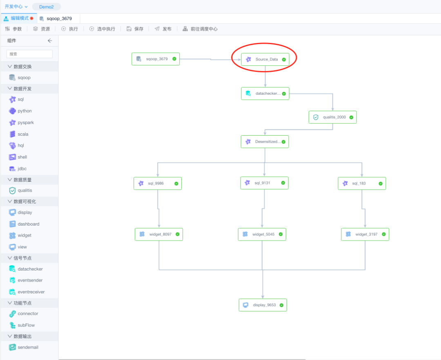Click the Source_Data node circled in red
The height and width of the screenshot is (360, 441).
pos(265,59)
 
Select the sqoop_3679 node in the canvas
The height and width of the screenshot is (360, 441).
pos(156,59)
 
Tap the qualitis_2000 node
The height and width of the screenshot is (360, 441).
pos(332,117)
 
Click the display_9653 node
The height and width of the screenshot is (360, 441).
pos(263,305)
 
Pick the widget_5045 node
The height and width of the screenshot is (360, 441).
pos(262,234)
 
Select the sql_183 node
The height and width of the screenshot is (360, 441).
pos(361,183)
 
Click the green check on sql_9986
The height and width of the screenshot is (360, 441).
pos(176,183)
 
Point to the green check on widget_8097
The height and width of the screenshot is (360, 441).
pos(178,234)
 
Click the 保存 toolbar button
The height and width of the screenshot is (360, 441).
pos(135,29)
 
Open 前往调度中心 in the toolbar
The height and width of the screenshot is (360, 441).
pos(200,29)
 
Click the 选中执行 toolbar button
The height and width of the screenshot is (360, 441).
pos(102,29)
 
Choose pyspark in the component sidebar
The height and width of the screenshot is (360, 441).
pos(25,123)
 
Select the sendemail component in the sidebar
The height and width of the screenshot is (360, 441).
pos(27,347)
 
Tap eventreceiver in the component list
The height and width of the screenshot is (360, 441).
pos(31,292)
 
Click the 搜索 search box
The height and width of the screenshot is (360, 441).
pos(29,54)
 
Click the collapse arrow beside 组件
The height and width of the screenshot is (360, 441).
pos(50,40)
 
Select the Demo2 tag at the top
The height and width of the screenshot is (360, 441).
pos(46,7)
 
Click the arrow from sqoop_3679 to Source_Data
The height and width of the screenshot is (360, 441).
pos(210,59)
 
